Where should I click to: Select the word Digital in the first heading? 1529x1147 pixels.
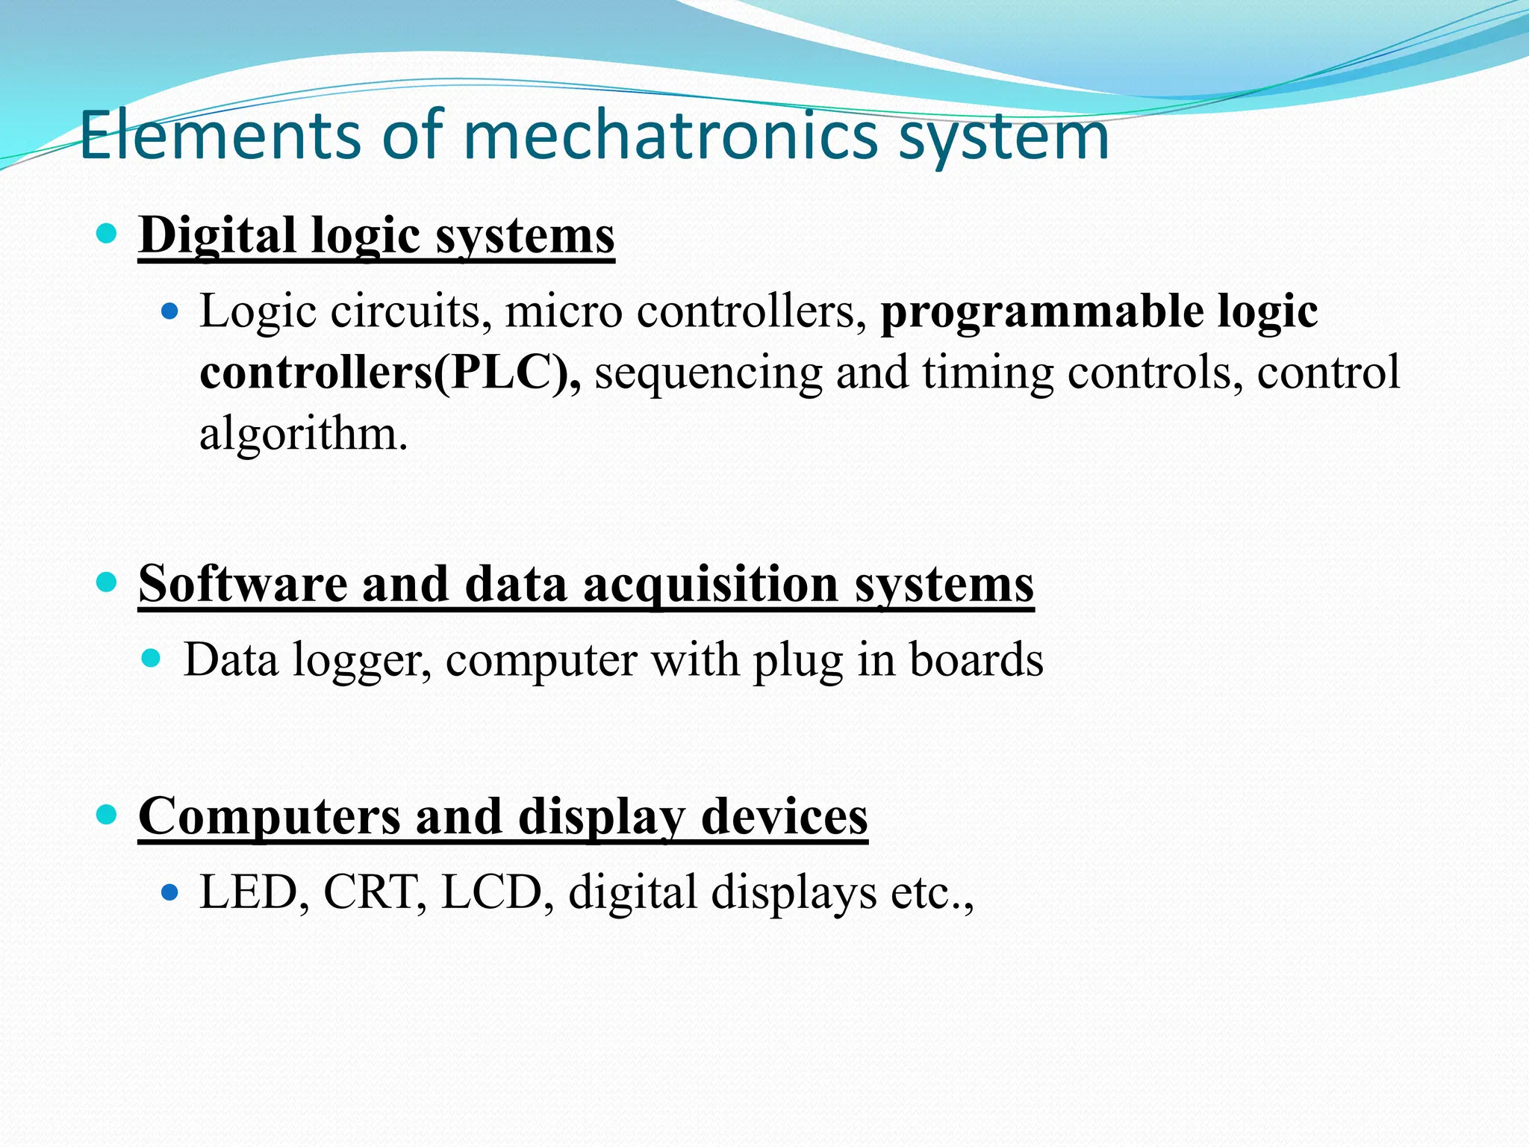[217, 235]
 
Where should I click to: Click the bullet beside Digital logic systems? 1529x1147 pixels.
[108, 234]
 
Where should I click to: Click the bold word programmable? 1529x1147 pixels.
[1041, 311]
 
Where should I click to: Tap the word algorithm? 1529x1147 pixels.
[303, 433]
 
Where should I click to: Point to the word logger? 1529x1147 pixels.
[361, 660]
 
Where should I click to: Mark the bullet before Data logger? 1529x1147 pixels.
[152, 659]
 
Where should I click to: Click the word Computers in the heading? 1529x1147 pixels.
[269, 816]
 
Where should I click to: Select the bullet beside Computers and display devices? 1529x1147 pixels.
[108, 815]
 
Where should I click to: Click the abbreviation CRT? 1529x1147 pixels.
[375, 892]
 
